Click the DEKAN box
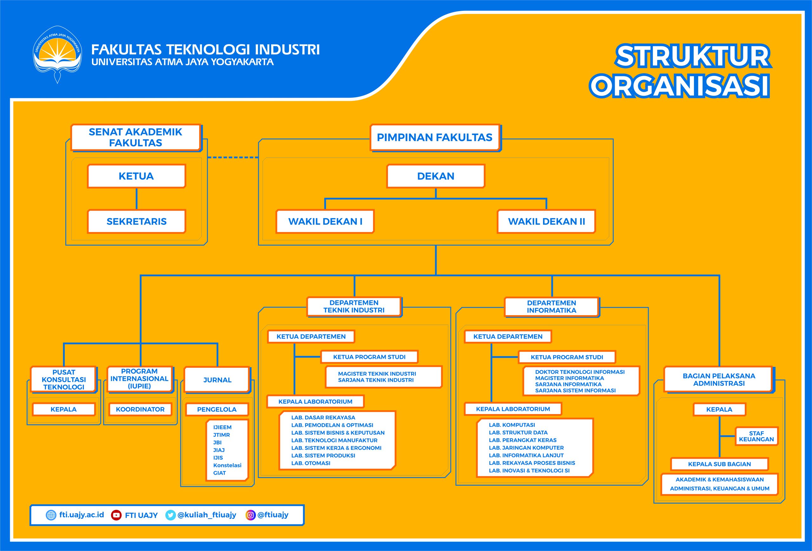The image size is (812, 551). click(436, 176)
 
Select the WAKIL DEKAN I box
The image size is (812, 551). click(325, 221)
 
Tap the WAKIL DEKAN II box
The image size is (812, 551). click(546, 221)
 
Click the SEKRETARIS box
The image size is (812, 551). click(136, 221)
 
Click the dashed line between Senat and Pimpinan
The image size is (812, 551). click(233, 158)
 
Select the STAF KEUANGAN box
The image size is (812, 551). click(756, 436)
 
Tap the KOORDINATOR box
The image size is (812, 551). click(140, 409)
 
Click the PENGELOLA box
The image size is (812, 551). click(217, 409)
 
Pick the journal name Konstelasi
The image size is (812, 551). click(227, 465)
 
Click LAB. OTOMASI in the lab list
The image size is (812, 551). click(311, 463)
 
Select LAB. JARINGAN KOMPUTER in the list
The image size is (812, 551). click(526, 448)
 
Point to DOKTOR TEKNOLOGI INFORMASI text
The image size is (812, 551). click(580, 372)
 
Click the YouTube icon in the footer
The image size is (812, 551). click(116, 515)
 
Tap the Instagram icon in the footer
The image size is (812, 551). click(250, 515)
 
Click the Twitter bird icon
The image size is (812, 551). click(170, 515)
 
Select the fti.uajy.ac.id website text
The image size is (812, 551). click(82, 515)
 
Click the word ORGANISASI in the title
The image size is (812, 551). click(679, 86)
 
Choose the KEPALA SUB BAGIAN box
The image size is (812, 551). click(719, 464)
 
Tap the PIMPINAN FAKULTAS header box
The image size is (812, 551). click(434, 138)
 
